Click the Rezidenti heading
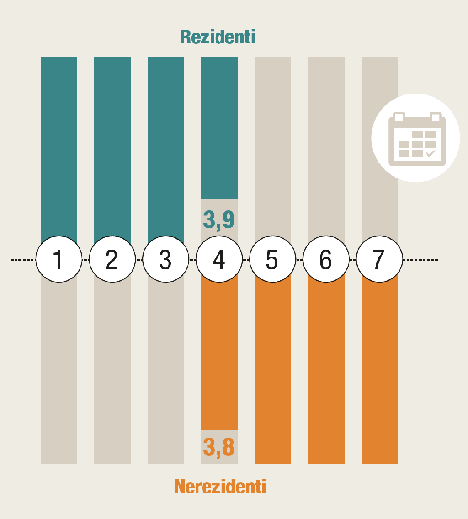tap(218, 37)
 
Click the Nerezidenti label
tap(220, 487)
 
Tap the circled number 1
tap(58, 260)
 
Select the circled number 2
tap(112, 260)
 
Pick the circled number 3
tap(165, 260)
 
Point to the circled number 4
tap(219, 260)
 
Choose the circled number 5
tap(272, 260)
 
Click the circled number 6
tap(326, 260)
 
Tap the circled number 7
tap(379, 260)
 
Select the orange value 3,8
tap(219, 447)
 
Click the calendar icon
tap(416, 138)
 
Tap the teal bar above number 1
tap(59, 146)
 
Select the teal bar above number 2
tap(112, 146)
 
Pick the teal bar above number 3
tap(166, 146)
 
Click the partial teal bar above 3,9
tap(219, 128)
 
